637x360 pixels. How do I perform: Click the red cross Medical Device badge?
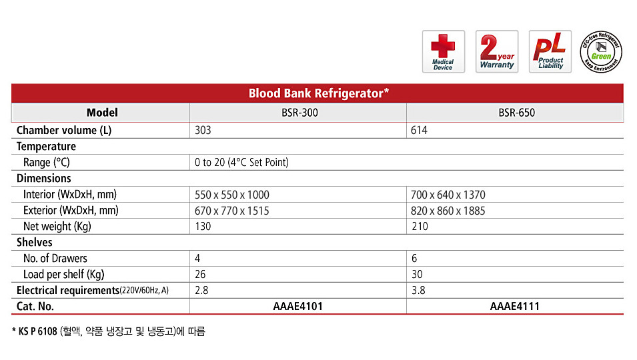443,51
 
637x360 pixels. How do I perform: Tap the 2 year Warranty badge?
497,51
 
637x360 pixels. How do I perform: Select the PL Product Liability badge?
550,51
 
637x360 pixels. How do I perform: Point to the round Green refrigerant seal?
601,51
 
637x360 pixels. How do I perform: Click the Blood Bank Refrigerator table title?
319,93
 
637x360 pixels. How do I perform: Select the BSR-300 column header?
299,113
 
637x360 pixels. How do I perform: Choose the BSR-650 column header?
517,113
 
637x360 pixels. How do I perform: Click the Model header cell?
102,113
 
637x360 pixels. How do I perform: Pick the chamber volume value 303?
203,130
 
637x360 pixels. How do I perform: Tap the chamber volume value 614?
419,130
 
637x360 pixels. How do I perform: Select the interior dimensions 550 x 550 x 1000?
232,195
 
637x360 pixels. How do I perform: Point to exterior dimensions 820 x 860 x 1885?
448,211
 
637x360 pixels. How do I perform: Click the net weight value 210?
420,227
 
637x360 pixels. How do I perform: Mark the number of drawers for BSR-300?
197,259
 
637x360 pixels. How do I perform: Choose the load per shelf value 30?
417,275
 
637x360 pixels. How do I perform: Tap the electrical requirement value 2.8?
201,291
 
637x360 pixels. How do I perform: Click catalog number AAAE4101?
298,307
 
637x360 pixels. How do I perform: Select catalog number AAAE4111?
515,307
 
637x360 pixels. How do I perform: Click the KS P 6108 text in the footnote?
38,331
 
